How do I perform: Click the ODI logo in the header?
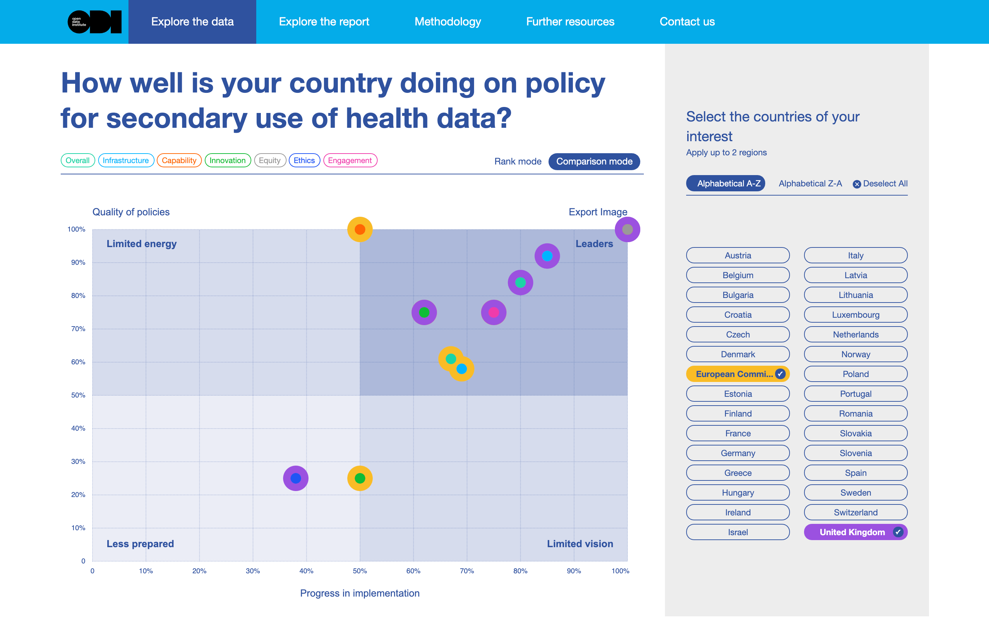click(95, 22)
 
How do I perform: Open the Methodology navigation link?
click(447, 22)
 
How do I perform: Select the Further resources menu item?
click(570, 22)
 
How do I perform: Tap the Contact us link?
click(687, 22)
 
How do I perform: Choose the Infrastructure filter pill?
click(126, 161)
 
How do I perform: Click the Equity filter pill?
click(269, 161)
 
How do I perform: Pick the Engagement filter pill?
click(349, 161)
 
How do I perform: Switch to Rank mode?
click(517, 161)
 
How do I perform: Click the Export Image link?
click(598, 212)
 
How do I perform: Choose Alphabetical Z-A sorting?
click(810, 184)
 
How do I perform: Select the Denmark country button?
click(737, 354)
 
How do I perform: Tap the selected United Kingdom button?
click(855, 532)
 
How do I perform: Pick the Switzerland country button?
click(855, 512)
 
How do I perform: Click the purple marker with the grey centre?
click(627, 229)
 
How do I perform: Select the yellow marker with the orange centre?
click(360, 229)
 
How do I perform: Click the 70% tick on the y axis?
click(78, 329)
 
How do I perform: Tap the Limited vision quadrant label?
click(580, 544)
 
